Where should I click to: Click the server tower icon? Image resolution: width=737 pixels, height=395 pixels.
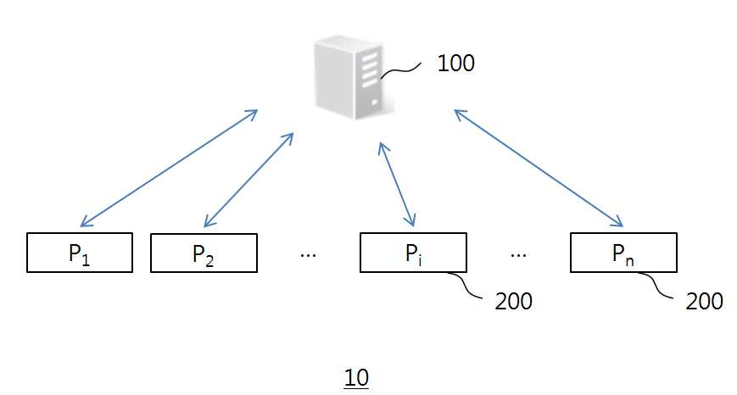click(x=354, y=77)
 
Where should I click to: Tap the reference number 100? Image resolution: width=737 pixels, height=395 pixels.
click(x=455, y=63)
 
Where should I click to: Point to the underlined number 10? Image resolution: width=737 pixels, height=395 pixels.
click(x=356, y=377)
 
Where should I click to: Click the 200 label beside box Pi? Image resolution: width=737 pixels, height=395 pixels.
click(x=513, y=301)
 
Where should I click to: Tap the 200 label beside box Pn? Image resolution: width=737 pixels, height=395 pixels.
click(x=704, y=301)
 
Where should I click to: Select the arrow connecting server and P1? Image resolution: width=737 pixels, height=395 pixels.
click(x=170, y=168)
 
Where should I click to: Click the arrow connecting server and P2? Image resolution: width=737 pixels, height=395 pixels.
click(x=248, y=180)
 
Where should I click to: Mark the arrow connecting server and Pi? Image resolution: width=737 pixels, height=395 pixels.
click(x=397, y=184)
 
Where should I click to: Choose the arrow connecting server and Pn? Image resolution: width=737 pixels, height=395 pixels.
click(x=539, y=168)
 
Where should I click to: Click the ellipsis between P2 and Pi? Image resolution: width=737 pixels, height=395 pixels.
click(x=308, y=255)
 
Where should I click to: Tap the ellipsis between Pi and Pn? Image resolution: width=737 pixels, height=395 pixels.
click(x=518, y=255)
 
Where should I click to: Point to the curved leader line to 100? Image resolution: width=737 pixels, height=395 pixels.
click(x=400, y=71)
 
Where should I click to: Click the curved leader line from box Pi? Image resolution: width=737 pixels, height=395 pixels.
click(x=465, y=285)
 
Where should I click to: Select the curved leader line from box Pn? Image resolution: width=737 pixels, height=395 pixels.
click(x=656, y=285)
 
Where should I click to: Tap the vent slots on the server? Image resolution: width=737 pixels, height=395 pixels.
click(x=371, y=70)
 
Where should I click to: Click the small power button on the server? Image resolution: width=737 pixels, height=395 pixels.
click(x=375, y=102)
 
